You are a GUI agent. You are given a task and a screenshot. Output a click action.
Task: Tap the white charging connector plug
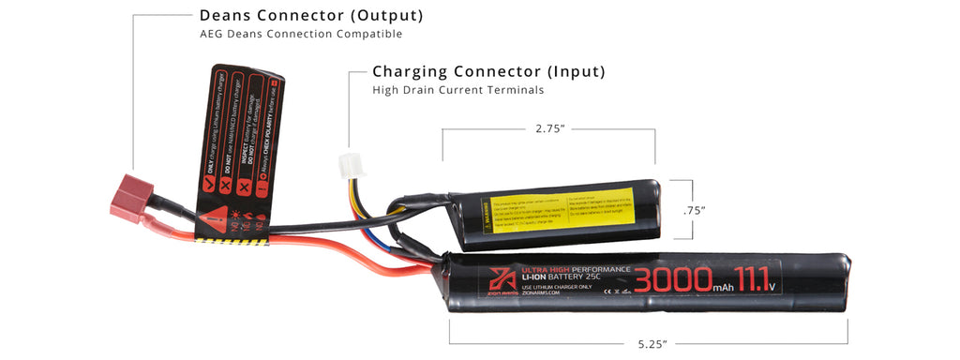point(348,164)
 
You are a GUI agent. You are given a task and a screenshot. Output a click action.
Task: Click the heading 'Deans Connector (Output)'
point(310,16)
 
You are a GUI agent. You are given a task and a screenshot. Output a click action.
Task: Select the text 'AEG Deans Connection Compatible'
point(300,35)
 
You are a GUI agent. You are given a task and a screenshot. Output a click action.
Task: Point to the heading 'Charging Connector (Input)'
point(488,71)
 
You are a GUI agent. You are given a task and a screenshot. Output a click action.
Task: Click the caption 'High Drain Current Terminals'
point(458,90)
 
